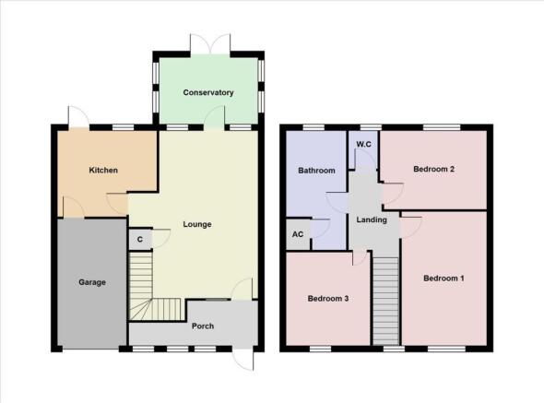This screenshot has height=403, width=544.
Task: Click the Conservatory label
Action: tap(207, 93)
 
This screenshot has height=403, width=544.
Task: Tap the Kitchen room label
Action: tap(103, 171)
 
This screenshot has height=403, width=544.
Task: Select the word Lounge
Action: tap(197, 224)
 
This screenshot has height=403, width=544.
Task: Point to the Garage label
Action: tap(91, 282)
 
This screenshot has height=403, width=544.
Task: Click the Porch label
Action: tap(203, 326)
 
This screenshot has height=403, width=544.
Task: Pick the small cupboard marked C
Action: tap(139, 239)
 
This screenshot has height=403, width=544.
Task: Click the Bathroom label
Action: tap(316, 171)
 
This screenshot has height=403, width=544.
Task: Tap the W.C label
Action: tap(363, 144)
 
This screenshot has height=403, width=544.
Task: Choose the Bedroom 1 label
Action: tap(443, 278)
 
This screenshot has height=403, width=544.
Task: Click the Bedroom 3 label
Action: tap(328, 299)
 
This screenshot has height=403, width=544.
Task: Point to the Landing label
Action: tap(372, 219)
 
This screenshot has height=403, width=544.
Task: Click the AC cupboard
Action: tap(298, 234)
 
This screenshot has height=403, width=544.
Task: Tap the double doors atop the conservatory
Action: tap(207, 43)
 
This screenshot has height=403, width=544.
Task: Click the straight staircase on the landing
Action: tap(385, 300)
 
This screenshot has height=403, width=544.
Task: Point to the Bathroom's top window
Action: tap(315, 126)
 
